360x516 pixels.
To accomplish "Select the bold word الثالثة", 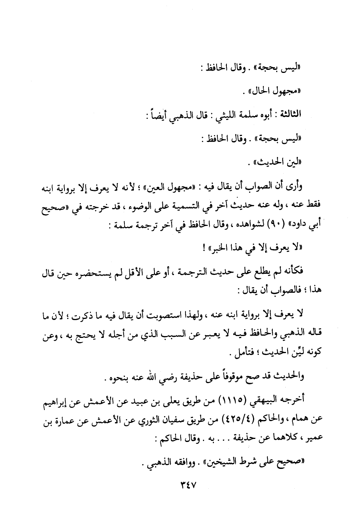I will click(x=289, y=114).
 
